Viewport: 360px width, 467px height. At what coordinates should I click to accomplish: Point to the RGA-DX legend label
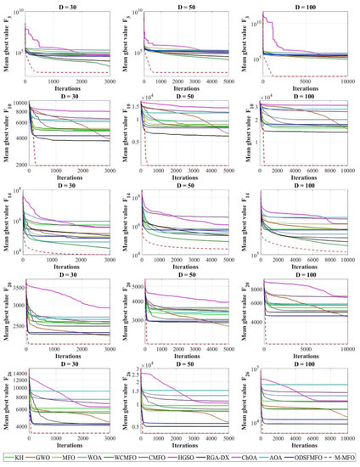219,459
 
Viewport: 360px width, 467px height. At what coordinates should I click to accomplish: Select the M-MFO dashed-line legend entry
345,459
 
